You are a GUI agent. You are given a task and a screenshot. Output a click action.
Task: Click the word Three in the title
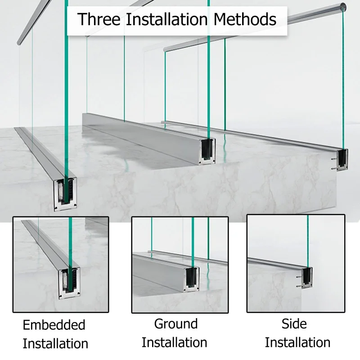coord(99,19)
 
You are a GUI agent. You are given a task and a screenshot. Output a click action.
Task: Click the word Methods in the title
coord(245,19)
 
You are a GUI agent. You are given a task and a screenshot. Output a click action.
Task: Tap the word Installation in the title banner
coord(167,19)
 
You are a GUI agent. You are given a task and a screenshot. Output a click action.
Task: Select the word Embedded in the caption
coord(54,325)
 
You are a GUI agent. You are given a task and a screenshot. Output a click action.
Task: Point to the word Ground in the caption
coord(176,324)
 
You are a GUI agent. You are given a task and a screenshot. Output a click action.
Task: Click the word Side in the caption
coord(294,324)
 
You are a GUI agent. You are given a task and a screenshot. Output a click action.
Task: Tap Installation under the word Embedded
coord(55,344)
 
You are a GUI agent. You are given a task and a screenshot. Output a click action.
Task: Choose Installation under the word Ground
coord(174,342)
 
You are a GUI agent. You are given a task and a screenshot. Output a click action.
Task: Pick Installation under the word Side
coord(297,342)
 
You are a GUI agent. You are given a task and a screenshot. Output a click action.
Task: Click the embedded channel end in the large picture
coord(65,194)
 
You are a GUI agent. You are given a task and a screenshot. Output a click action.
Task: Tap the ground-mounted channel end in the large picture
coord(208,152)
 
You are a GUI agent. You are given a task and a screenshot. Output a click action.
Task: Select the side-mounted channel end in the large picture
coord(342,160)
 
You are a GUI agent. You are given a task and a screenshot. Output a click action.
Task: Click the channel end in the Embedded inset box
coord(69,283)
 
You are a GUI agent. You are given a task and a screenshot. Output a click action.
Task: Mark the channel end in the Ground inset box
coord(192,279)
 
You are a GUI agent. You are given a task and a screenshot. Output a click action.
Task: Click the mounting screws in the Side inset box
coord(299,282)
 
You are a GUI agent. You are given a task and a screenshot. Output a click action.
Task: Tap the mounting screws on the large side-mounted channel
coord(334,163)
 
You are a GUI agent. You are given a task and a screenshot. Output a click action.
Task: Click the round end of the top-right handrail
coord(343,6)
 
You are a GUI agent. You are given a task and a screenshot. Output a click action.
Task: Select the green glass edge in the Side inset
coord(308,242)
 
